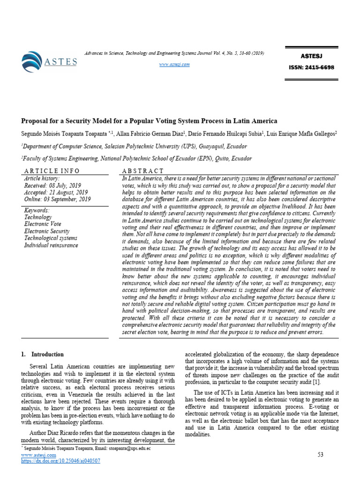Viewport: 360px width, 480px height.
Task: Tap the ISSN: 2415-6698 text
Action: [311, 67]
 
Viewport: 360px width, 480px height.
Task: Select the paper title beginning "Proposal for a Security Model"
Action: [149, 120]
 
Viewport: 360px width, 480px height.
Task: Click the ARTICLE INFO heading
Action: [52, 171]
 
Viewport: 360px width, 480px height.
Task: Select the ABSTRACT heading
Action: [143, 171]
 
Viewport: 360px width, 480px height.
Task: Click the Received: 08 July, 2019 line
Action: [52, 185]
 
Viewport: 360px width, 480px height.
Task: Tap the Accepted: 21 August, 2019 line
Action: [56, 192]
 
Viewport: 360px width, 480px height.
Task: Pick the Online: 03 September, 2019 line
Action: [58, 199]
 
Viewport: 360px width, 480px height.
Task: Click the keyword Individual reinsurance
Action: [53, 245]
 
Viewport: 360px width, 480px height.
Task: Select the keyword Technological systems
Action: [51, 238]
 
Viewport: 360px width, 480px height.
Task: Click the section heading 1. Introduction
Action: [42, 354]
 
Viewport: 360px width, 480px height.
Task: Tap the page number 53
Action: [321, 455]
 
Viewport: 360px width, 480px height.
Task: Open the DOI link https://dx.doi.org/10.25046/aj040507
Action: [61, 461]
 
